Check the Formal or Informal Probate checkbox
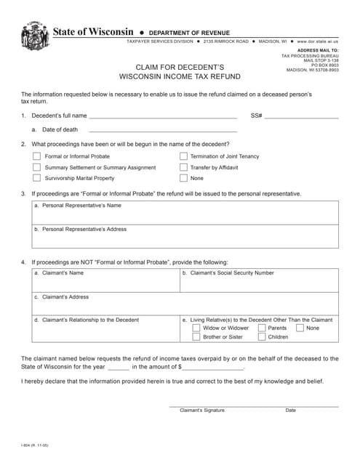pyautogui.click(x=36, y=156)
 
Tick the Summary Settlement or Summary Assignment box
pyautogui.click(x=36, y=167)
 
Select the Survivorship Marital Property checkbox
pyautogui.click(x=36, y=178)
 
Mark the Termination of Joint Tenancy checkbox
pyautogui.click(x=183, y=156)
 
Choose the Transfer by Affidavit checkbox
pyautogui.click(x=183, y=167)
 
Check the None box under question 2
pyautogui.click(x=183, y=178)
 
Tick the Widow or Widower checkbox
pyautogui.click(x=196, y=328)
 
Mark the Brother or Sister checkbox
pyautogui.click(x=196, y=337)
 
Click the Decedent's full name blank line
pyautogui.click(x=163, y=116)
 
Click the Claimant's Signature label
pyautogui.click(x=202, y=411)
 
